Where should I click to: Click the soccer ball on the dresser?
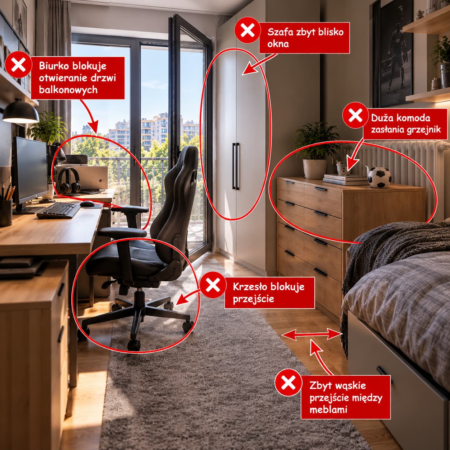point(379,178)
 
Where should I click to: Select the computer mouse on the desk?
point(87,203)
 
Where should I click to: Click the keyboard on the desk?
point(58,210)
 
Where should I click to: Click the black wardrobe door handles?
point(236,166)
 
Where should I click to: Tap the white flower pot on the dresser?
point(314,169)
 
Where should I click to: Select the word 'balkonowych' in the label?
point(68,90)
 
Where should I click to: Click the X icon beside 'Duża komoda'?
point(355,115)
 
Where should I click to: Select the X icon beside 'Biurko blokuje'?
point(18,65)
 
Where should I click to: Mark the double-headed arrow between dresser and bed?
point(312,334)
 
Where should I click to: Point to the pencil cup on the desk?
point(6,212)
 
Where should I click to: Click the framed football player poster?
point(394,54)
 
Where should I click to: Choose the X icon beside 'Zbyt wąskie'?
point(289,383)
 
